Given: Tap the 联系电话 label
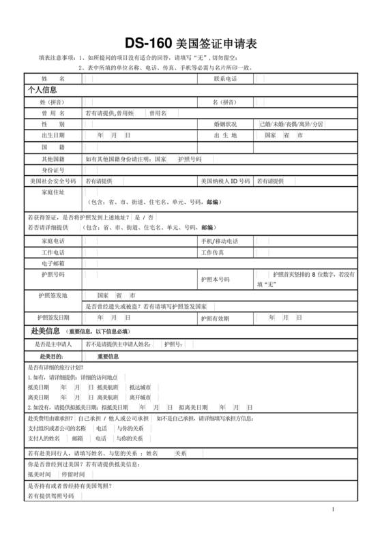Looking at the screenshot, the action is pyautogui.click(x=225, y=79).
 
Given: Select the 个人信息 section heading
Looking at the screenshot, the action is pyautogui.click(x=42, y=90).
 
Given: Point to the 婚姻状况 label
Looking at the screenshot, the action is pyautogui.click(x=225, y=124).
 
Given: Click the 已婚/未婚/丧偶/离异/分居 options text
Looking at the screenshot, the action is pyautogui.click(x=291, y=124).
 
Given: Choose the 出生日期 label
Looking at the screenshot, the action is pyautogui.click(x=53, y=136).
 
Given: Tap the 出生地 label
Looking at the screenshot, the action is pyautogui.click(x=225, y=136).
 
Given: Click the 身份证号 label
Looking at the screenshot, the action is pyautogui.click(x=53, y=170).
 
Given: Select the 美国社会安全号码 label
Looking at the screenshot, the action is pyautogui.click(x=53, y=181).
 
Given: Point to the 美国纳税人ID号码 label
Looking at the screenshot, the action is pyautogui.click(x=225, y=181).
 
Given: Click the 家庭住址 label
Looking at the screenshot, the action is pyautogui.click(x=53, y=192).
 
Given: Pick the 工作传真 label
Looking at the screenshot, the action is pyautogui.click(x=214, y=252).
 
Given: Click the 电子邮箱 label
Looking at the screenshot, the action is pyautogui.click(x=53, y=263).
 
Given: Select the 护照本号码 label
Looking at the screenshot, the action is pyautogui.click(x=215, y=280).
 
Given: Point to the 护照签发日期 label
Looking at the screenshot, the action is pyautogui.click(x=53, y=318).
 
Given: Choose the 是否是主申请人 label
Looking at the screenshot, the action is pyautogui.click(x=53, y=345).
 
